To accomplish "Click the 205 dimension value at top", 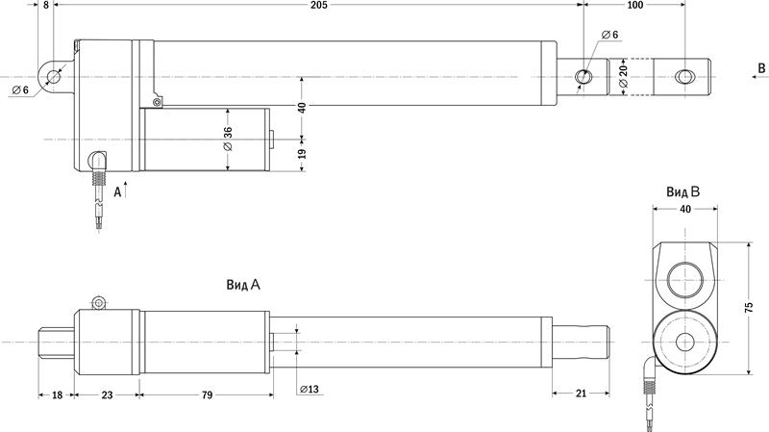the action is pos(319,5).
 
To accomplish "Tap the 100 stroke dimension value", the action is pos(634,5).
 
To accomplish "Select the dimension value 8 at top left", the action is pos(46,5).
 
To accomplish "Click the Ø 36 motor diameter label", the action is pos(228,139).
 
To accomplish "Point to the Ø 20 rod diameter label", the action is pos(623,76).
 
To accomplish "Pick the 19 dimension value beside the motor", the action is pos(302,154).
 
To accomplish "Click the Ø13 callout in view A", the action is pos(310,390).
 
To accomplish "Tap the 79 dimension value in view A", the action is pos(207,394).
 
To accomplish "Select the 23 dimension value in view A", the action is pos(107,394).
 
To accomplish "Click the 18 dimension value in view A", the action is pos(57,394).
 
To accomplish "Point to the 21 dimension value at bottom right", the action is pos(582,394).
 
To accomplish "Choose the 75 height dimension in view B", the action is pos(749,308).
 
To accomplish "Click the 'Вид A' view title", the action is pos(243,285).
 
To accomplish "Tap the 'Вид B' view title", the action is pos(682,191).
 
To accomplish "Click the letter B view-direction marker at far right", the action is pos(761,68).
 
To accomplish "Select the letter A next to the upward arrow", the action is pos(117,191).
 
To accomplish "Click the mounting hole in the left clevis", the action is pos(53,77).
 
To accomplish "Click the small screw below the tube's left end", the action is pos(157,102).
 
